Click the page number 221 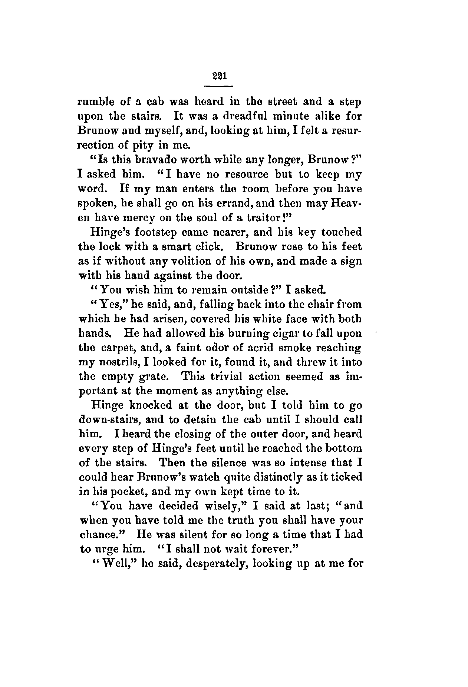click(x=218, y=76)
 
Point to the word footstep click(x=159, y=232)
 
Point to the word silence click(x=218, y=462)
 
